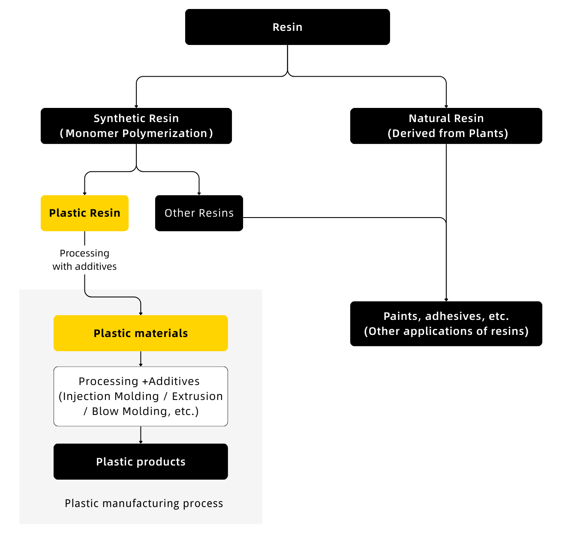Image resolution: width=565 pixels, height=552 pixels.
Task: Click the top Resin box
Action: point(287,27)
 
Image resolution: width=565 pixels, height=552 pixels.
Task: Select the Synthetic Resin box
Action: point(136,126)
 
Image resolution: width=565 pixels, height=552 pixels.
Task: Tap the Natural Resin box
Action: point(446,126)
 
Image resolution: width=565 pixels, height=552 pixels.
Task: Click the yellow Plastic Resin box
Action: point(84,213)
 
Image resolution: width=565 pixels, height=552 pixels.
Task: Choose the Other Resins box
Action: point(199,213)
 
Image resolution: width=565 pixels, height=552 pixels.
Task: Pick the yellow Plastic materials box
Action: point(141,333)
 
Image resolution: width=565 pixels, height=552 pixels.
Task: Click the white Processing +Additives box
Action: point(141,396)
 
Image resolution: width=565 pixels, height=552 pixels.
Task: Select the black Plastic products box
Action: point(141,462)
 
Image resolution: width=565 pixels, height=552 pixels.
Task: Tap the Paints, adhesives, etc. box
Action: point(446,324)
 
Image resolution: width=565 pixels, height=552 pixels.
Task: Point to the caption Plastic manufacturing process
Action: point(144,504)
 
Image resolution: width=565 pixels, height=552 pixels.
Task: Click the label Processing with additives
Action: point(84,260)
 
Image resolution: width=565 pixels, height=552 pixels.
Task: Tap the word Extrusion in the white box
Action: point(197,397)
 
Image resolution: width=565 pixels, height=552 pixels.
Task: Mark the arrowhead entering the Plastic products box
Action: point(141,442)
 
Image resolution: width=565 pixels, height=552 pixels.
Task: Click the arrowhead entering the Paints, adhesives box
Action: point(446,300)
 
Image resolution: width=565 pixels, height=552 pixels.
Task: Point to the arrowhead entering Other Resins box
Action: point(199,194)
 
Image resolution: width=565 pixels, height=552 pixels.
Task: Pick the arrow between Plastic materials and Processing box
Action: point(141,359)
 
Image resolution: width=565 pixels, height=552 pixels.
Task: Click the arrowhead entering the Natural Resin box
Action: point(446,106)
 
